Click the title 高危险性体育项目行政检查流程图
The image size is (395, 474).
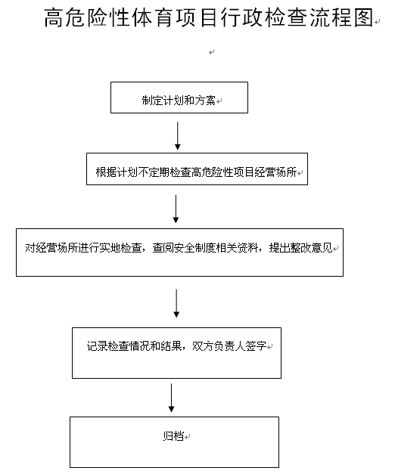click(209, 17)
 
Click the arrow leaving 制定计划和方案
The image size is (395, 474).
click(178, 136)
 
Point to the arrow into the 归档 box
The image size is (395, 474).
click(171, 398)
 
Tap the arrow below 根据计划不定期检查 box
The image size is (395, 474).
click(176, 209)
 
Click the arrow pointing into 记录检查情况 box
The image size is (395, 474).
click(176, 303)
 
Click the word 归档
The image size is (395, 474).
click(173, 436)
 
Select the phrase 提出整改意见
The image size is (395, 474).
click(300, 248)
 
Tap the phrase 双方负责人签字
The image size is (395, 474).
click(229, 345)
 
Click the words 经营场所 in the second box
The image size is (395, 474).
click(275, 172)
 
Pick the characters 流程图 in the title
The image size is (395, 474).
click(341, 17)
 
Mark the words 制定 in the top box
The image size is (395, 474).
click(152, 101)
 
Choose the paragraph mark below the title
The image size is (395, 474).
click(212, 52)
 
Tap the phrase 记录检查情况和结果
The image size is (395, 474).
click(134, 345)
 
